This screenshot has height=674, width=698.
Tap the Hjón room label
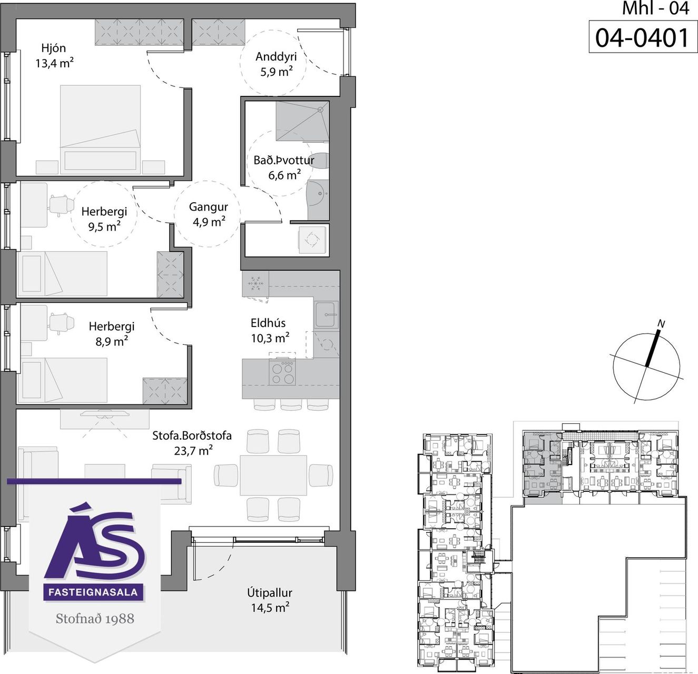[54, 56]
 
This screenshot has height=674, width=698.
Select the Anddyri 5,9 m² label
[276, 64]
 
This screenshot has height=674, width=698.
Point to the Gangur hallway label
[209, 214]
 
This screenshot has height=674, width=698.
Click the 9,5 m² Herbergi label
[104, 219]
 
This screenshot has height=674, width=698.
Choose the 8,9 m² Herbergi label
[112, 334]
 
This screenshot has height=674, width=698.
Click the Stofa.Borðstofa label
[192, 443]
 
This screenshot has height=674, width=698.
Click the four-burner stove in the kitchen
[283, 372]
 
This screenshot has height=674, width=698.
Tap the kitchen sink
[326, 315]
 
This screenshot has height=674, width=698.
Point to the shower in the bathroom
[302, 121]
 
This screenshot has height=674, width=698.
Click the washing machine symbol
[312, 239]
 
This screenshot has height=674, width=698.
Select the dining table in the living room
[273, 475]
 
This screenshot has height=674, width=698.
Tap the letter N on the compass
[662, 324]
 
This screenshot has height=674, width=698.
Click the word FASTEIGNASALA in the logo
[93, 592]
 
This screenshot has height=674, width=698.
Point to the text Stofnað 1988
[95, 618]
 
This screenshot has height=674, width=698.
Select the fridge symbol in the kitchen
[255, 284]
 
